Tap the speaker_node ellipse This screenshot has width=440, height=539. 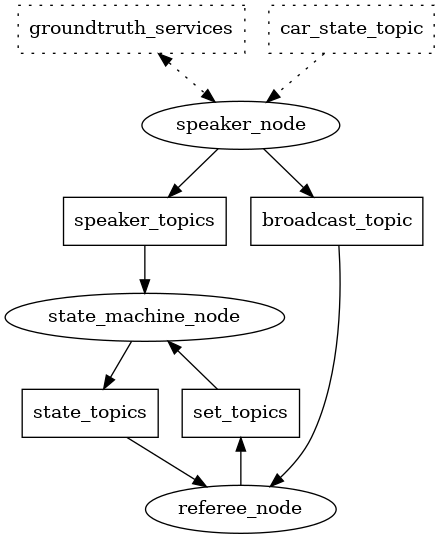pyautogui.click(x=240, y=124)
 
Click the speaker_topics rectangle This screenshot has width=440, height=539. pyautogui.click(x=145, y=220)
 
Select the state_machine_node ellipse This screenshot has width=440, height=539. pyautogui.click(x=145, y=316)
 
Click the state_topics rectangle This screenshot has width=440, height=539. pyautogui.click(x=90, y=412)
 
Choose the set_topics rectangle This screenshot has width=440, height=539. pyautogui.click(x=240, y=412)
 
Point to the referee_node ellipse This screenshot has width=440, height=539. pyautogui.click(x=240, y=508)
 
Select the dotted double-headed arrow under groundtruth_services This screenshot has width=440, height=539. pyautogui.click(x=185, y=76)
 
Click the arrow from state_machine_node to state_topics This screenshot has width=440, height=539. pyautogui.click(x=118, y=364)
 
